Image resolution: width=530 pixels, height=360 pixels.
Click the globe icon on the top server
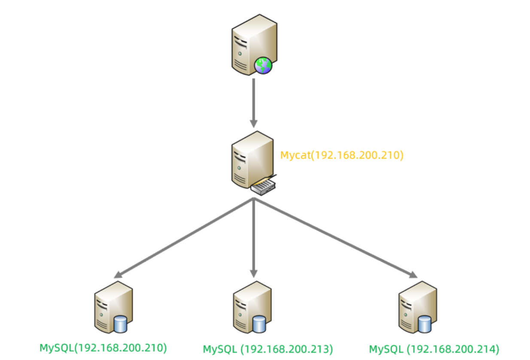pos(263,65)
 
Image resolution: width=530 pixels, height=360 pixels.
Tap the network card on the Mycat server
pos(263,186)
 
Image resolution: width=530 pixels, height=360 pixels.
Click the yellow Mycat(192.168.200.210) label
pos(342,155)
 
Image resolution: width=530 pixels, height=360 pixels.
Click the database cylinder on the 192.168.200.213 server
pos(259,324)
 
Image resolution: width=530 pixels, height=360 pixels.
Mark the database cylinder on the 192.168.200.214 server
pos(425,324)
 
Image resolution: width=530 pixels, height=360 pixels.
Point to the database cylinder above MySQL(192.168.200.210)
pos(121,324)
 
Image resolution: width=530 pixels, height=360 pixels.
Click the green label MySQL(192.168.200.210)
pos(103,348)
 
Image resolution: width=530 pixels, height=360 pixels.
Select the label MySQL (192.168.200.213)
pos(268,349)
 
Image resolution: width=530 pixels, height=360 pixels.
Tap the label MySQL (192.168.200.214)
pos(434,349)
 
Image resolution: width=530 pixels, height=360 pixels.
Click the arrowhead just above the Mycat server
pos(254,123)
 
